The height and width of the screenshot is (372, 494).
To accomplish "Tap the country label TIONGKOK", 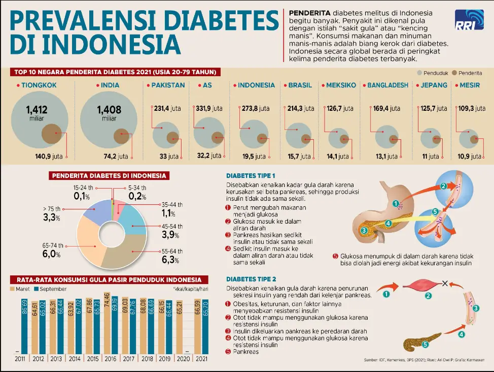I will click(x=39, y=85).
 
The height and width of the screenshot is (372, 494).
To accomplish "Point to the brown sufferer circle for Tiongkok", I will click(x=51, y=134).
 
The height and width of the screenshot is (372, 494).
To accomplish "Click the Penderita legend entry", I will click(x=467, y=73).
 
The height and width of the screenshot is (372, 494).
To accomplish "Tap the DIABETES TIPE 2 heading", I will click(x=251, y=279).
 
